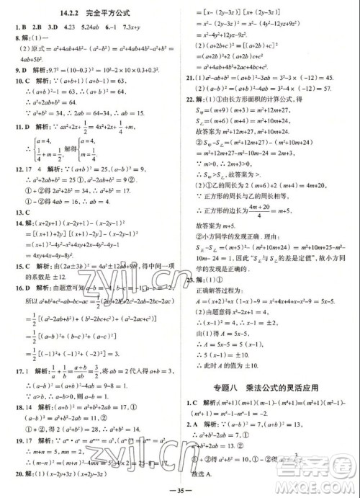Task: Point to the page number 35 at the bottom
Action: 179,491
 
